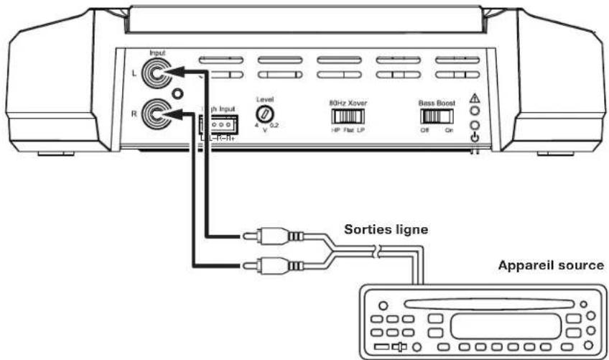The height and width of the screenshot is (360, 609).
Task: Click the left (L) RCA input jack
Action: point(156,73)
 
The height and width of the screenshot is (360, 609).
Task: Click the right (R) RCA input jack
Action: point(156,113)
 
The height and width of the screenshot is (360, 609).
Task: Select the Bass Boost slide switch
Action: point(435,116)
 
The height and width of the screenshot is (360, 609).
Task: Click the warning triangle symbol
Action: point(473,98)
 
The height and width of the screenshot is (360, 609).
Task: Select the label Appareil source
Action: point(552,265)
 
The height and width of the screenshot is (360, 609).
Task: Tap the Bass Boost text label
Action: point(436,103)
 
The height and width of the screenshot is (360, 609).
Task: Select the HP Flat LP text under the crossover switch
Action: point(348,130)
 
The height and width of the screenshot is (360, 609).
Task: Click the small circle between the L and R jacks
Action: point(177,93)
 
